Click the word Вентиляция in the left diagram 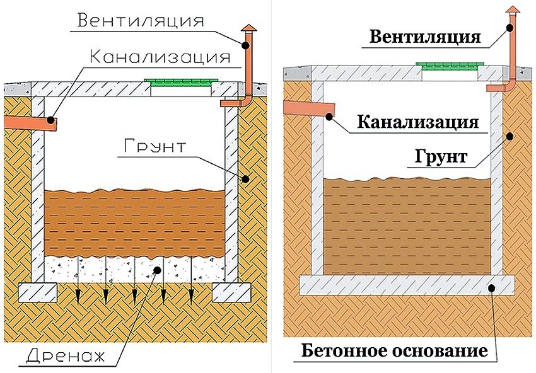140,20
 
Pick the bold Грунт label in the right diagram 441,156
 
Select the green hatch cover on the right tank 450,66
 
